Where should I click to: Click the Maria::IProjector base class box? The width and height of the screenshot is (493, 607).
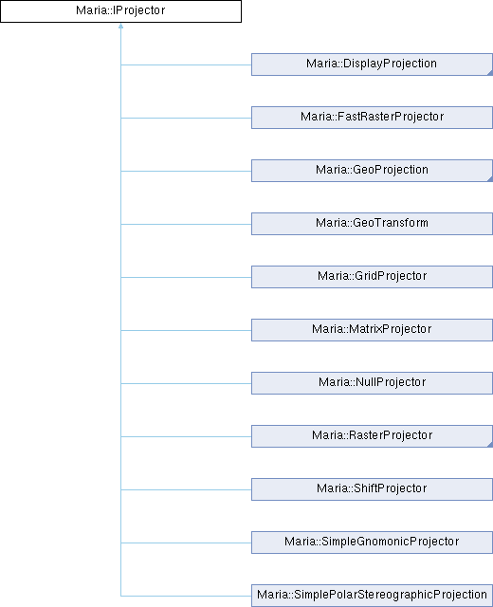pos(120,11)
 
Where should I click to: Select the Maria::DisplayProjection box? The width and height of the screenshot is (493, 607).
pos(372,64)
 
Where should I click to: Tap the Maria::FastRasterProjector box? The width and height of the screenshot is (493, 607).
pos(372,118)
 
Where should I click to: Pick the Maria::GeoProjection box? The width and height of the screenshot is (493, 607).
pos(372,171)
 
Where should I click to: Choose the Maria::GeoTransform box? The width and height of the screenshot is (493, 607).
pos(372,224)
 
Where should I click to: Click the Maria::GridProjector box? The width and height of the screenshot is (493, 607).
pos(372,277)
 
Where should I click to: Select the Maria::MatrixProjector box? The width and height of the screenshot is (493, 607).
pos(372,330)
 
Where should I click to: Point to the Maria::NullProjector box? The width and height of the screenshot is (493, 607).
pos(372,383)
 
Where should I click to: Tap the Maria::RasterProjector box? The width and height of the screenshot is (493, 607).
pos(372,436)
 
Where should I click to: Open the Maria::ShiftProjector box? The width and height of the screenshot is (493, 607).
pos(372,489)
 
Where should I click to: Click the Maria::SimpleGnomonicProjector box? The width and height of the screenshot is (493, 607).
pos(372,542)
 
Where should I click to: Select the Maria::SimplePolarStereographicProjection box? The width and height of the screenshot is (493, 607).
pos(372,596)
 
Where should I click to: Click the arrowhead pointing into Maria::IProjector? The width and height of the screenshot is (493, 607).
pos(120,26)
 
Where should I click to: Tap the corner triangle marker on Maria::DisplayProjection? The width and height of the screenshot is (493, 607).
pos(490,73)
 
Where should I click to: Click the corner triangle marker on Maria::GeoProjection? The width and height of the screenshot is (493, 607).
pos(490,179)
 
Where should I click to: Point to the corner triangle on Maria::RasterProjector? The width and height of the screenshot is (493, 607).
pos(490,445)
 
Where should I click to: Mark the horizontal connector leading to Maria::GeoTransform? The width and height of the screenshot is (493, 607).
pos(186,224)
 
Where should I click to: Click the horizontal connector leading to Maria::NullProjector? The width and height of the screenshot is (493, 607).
pos(186,383)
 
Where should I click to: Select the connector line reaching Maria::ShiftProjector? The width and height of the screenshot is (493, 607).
pos(186,489)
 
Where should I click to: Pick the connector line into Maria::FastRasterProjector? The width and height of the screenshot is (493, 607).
pos(186,118)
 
